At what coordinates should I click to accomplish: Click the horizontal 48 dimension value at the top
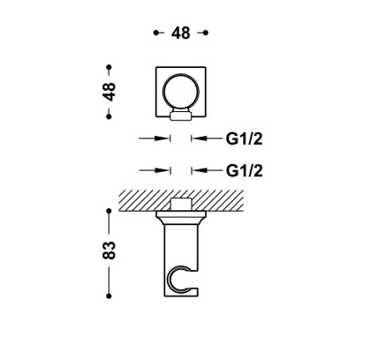[x=181, y=33]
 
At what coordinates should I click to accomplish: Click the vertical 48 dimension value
[x=109, y=92]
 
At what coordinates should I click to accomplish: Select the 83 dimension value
[x=109, y=250]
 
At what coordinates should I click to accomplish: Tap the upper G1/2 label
[x=244, y=139]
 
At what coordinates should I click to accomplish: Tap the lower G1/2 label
[x=244, y=170]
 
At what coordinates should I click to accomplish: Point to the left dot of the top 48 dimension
[x=156, y=33]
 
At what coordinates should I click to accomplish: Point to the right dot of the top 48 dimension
[x=206, y=33]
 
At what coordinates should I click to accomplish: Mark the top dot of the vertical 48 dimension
[x=109, y=67]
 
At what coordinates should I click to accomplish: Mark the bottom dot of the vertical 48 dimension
[x=109, y=116]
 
